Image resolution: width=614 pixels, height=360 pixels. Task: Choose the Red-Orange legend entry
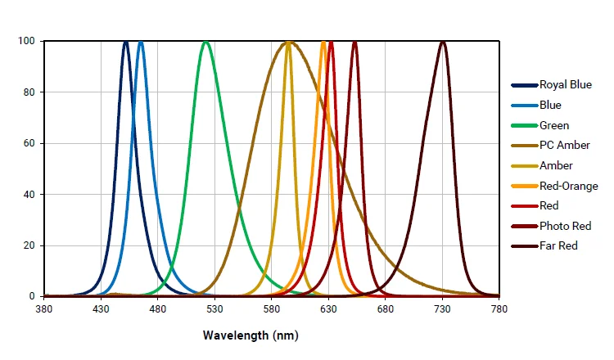(568, 186)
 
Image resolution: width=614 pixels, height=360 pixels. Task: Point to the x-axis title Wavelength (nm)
(251, 335)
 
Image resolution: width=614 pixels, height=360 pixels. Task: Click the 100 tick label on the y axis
(26, 41)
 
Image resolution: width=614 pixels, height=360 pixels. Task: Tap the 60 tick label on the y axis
(29, 143)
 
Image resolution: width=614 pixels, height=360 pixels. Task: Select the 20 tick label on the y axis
(29, 245)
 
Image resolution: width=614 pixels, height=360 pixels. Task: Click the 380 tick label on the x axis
(44, 308)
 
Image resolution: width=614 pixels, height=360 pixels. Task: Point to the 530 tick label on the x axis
(214, 308)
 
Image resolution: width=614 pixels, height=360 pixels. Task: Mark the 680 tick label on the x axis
(386, 308)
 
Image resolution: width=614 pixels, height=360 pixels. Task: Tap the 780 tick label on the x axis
(499, 308)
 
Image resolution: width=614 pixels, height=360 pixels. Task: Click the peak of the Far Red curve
(443, 42)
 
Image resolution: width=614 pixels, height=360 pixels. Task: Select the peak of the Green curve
(205, 42)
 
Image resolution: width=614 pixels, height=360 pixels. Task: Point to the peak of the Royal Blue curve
(126, 42)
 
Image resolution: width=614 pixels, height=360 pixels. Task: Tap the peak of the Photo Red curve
(354, 42)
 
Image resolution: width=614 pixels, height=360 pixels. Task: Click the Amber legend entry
(557, 165)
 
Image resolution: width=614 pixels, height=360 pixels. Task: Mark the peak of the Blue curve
(141, 42)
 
